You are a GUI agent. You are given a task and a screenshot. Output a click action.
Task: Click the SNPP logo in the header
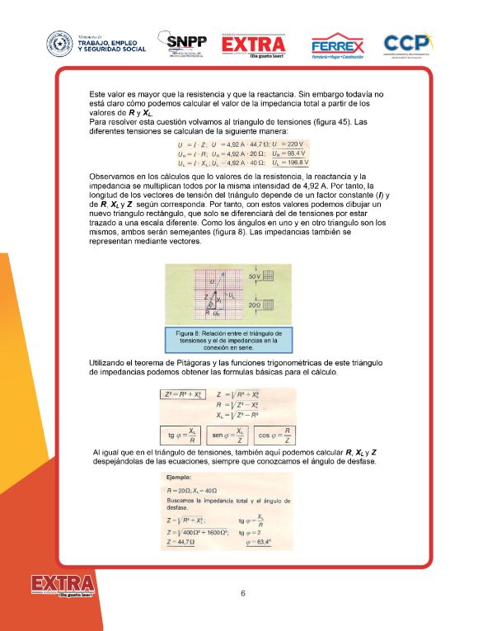click(186, 45)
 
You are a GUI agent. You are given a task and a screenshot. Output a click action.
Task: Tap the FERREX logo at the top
click(337, 46)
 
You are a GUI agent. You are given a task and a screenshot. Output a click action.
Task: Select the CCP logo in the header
click(410, 45)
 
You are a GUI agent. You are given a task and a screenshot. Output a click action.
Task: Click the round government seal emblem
click(59, 45)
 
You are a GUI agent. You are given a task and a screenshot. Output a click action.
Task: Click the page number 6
click(243, 593)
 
